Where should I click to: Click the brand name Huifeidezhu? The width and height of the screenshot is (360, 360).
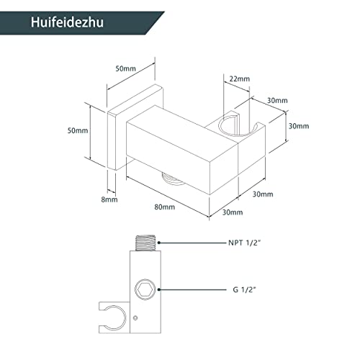tap(67, 22)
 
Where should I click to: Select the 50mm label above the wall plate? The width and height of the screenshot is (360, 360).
tap(125, 68)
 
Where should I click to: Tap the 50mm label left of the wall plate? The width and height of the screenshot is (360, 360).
tap(78, 130)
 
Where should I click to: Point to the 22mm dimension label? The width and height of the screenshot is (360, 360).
tap(240, 78)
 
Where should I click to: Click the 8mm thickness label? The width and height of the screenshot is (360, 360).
tap(109, 199)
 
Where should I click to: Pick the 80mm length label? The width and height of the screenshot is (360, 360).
tap(165, 207)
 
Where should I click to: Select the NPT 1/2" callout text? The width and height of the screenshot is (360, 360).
tap(244, 243)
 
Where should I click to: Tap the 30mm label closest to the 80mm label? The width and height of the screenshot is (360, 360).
tap(233, 212)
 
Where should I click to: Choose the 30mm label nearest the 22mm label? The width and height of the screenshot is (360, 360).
tap(277, 100)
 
